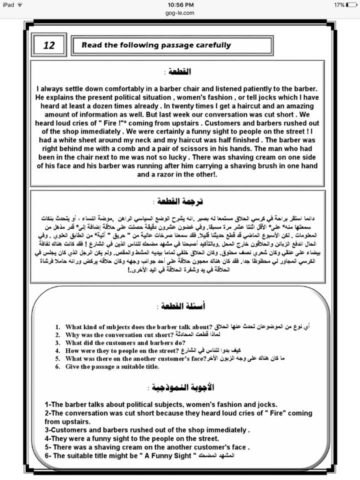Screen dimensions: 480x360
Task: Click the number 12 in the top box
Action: coord(49,45)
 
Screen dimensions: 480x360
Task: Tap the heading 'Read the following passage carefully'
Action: coord(156,45)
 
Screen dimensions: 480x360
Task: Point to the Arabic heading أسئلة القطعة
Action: coord(180,305)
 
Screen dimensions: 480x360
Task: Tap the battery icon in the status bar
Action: coord(352,4)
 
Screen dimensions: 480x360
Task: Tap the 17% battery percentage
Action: coord(338,4)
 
